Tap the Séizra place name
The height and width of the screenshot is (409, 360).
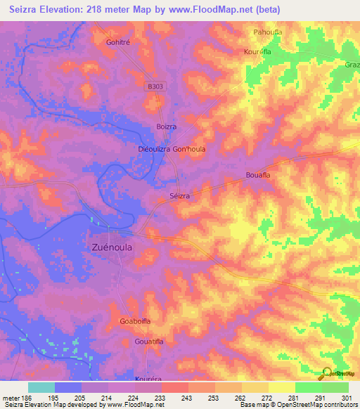tap(179, 197)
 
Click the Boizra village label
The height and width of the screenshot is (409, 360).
tap(166, 126)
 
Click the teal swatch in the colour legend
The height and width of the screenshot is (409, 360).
tap(41, 387)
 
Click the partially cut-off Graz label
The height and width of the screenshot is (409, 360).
tap(351, 64)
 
